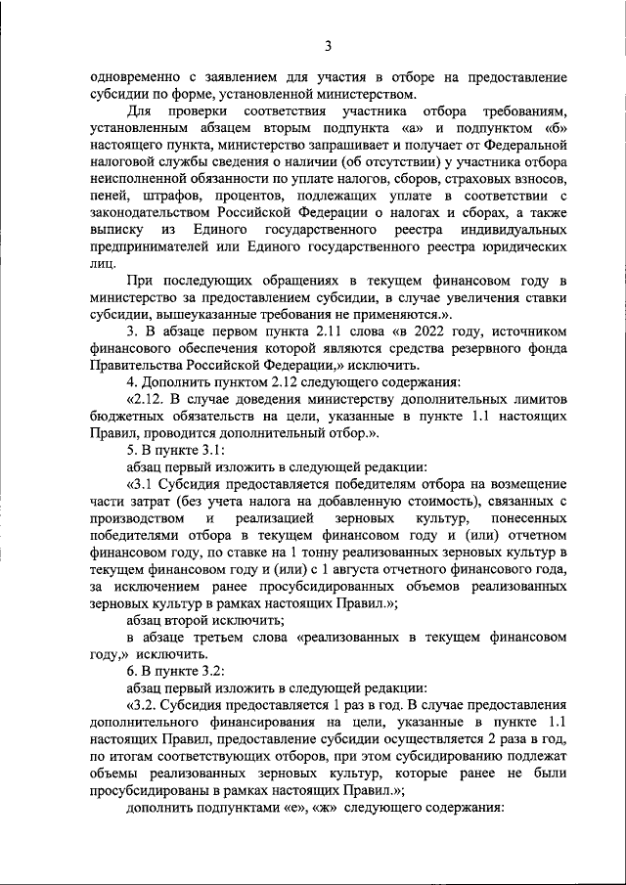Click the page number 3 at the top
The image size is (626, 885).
329,46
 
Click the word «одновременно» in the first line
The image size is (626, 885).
135,77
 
